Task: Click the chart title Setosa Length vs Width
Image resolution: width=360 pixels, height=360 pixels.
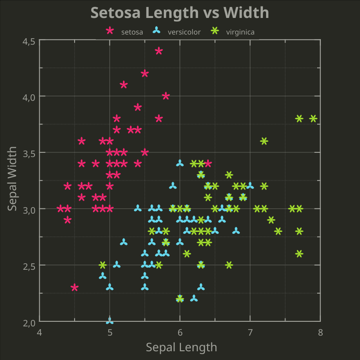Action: tap(180, 12)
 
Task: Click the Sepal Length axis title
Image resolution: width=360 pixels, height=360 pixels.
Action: tap(181, 347)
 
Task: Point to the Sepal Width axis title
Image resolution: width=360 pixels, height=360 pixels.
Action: tap(12, 179)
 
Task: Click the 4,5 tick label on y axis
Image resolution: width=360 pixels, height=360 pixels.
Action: tap(29, 41)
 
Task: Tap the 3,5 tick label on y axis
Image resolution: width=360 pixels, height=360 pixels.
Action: tap(29, 153)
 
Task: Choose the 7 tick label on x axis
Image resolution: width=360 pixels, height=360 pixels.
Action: tap(250, 332)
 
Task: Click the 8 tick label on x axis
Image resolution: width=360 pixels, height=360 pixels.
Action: tap(320, 332)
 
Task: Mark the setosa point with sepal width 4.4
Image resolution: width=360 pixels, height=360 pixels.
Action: tap(159, 51)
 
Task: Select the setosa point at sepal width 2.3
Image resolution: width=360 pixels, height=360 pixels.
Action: tap(75, 287)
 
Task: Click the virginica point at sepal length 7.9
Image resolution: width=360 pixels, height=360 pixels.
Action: tap(313, 118)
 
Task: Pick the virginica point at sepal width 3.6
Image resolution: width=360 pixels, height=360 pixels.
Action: tap(264, 141)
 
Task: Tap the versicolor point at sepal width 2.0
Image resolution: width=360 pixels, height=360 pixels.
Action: tap(110, 320)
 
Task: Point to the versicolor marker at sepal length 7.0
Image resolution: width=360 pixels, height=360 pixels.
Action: tap(250, 186)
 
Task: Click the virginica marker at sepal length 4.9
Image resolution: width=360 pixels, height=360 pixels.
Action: tap(103, 265)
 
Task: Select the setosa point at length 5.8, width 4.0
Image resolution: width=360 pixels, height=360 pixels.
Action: tap(166, 96)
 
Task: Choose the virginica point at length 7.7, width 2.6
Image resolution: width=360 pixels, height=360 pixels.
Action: tap(299, 254)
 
